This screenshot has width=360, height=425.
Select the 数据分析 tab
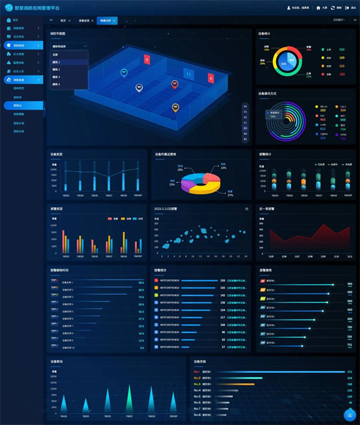[106, 20]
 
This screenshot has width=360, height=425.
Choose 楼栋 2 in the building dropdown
[56, 70]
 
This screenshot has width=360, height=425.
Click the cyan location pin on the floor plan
[124, 73]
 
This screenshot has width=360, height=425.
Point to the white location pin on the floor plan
[139, 88]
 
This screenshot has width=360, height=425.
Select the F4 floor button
[245, 106]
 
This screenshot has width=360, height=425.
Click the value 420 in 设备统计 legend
[341, 49]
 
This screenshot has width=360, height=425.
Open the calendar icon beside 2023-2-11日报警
[247, 209]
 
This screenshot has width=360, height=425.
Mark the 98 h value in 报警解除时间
[141, 282]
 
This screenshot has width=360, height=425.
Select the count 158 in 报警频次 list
[223, 280]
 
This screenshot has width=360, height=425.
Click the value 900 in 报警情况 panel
[349, 285]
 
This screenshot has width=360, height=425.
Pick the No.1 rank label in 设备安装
[197, 372]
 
